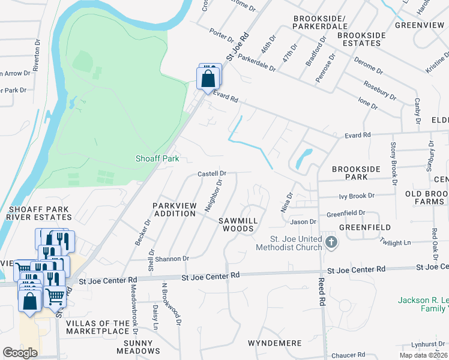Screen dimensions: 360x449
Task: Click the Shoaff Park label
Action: [157, 159]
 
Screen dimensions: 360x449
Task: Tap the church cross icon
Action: [331, 242]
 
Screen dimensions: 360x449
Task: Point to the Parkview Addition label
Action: [175, 209]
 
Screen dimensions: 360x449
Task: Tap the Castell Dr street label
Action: [212, 173]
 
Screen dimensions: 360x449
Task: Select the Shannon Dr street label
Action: [173, 259]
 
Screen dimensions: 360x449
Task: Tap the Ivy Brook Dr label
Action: [357, 196]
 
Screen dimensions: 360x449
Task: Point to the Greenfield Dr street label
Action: [346, 213]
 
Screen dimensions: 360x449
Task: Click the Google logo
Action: [20, 353]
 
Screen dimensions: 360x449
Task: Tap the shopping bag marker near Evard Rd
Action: [208, 79]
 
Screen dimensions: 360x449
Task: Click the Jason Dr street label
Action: [303, 222]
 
